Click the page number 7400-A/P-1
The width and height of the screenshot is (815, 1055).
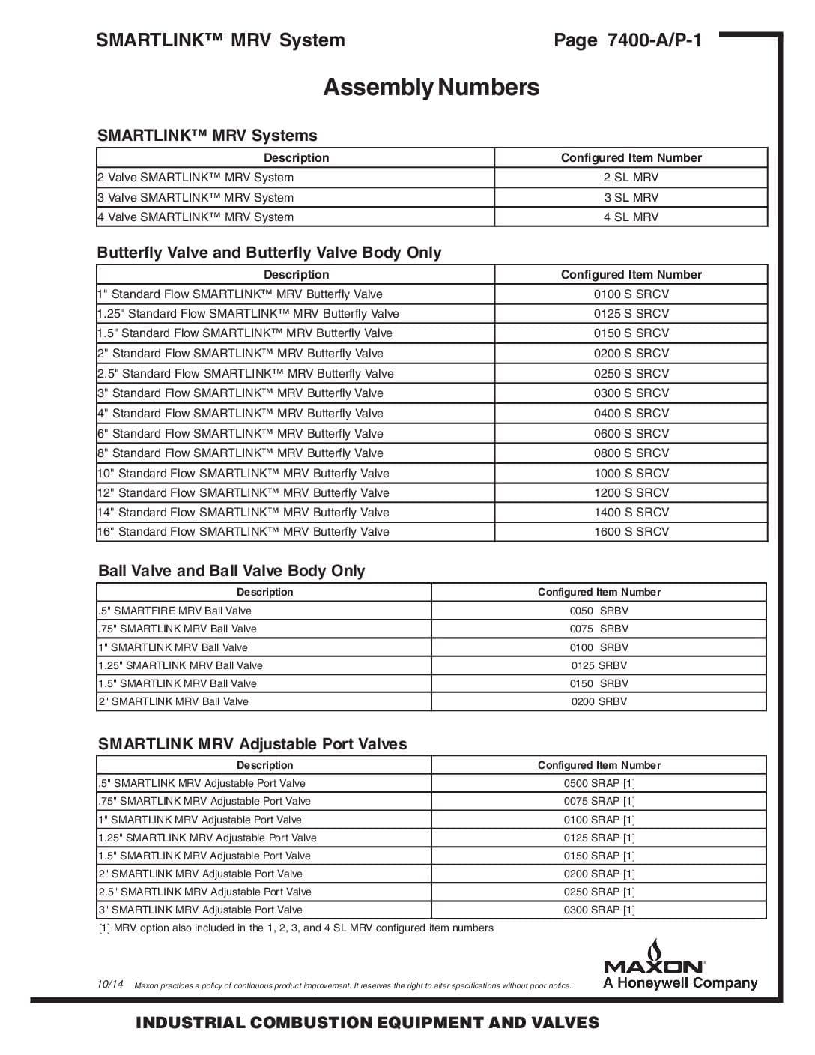(x=628, y=40)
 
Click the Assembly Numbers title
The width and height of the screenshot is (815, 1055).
(x=431, y=88)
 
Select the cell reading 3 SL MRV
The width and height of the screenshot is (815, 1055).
(x=631, y=197)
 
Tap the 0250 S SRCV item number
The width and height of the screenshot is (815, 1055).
(x=631, y=373)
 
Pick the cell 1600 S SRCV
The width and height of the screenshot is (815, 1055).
(x=631, y=531)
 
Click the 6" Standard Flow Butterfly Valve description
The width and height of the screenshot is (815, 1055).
(x=240, y=433)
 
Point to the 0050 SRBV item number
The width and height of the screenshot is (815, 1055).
(x=599, y=611)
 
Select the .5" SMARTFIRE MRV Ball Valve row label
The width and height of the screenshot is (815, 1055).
(x=175, y=611)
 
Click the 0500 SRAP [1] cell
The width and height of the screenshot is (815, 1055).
(x=599, y=783)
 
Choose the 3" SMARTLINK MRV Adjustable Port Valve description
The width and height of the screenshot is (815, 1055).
(x=200, y=910)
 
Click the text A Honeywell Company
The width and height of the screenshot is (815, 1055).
(x=680, y=983)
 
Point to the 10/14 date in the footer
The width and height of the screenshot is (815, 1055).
(x=110, y=984)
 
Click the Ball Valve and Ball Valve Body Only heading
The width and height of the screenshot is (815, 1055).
(x=231, y=571)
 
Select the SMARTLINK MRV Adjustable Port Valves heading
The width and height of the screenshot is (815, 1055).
(x=252, y=744)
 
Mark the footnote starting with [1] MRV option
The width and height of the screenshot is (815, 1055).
(x=296, y=928)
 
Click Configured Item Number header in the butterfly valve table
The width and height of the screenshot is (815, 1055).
(x=631, y=274)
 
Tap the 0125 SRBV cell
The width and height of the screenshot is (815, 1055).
(x=599, y=665)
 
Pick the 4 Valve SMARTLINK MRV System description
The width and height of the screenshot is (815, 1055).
(x=196, y=217)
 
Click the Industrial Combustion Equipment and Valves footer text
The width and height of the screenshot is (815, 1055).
(x=367, y=1023)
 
